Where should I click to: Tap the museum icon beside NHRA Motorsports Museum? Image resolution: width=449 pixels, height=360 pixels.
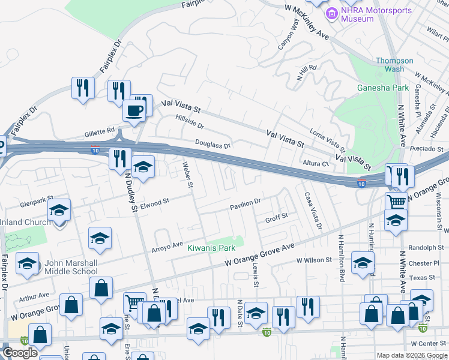click(331, 12)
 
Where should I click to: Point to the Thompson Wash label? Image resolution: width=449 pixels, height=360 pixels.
click(394, 65)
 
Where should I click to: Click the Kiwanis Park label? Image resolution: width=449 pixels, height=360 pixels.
click(211, 248)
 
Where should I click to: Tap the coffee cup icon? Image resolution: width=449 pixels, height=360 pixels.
click(134, 111)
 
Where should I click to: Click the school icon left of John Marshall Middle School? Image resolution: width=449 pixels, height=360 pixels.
click(28, 264)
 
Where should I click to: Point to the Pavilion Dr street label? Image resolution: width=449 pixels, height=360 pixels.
click(246, 206)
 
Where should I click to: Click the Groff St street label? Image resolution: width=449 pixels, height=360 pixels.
click(277, 217)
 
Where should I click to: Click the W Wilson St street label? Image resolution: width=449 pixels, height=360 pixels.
click(314, 260)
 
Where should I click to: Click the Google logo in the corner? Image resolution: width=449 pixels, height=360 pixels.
click(19, 353)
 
